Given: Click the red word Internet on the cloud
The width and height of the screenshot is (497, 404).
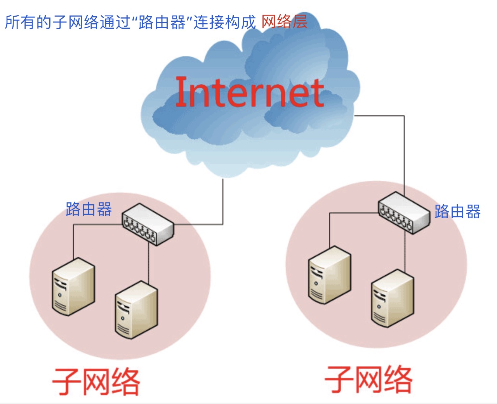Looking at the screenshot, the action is [x=250, y=92].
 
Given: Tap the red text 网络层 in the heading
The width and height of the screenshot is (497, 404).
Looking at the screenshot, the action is [x=285, y=22].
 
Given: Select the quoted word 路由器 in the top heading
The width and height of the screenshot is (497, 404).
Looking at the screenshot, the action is [x=162, y=22].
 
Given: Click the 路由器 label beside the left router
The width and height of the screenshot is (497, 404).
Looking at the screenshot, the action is [x=89, y=209].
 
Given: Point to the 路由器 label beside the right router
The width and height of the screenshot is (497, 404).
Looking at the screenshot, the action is [x=457, y=211].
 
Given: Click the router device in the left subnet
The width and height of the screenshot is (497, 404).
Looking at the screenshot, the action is [x=148, y=224].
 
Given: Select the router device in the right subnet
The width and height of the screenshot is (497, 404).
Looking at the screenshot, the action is [x=404, y=213].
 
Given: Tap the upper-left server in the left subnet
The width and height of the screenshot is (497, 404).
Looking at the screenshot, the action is [x=73, y=287].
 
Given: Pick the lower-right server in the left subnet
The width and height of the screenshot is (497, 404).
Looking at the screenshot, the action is [x=137, y=310].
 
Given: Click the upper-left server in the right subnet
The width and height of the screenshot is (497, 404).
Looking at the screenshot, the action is [x=330, y=275].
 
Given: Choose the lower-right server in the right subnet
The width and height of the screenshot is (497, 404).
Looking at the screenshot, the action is [x=393, y=298].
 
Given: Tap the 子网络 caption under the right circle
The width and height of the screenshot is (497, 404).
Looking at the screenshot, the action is [x=368, y=380].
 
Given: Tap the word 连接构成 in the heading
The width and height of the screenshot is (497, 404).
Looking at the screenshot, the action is [x=225, y=22].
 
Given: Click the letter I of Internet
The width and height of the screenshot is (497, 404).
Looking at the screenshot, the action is [x=181, y=92].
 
